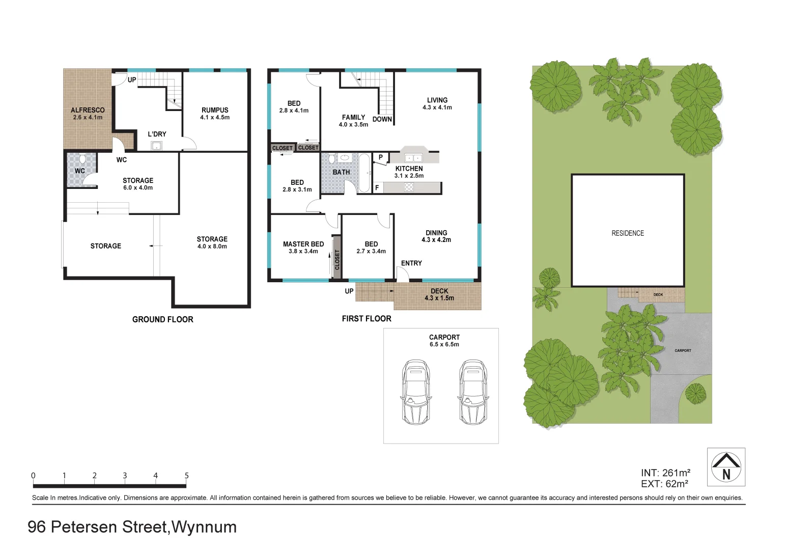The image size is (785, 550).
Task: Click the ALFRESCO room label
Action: click(x=88, y=110)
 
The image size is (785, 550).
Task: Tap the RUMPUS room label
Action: click(x=214, y=110)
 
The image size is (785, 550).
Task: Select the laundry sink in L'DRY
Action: click(x=157, y=147)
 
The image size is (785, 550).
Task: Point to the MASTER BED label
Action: click(x=303, y=244)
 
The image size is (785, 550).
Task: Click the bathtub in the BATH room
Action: click(x=365, y=173)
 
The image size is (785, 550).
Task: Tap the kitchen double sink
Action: click(x=413, y=157)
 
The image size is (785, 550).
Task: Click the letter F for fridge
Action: click(x=377, y=188)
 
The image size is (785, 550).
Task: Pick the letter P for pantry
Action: click(x=380, y=158)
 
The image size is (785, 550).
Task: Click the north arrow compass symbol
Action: click(x=726, y=466)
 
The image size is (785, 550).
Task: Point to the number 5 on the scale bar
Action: click(x=186, y=476)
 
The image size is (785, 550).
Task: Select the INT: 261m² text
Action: click(x=665, y=473)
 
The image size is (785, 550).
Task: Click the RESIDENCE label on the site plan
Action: click(x=627, y=233)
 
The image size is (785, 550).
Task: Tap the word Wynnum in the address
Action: click(x=204, y=527)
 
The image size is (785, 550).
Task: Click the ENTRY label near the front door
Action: click(x=411, y=263)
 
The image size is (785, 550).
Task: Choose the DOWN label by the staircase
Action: click(x=382, y=119)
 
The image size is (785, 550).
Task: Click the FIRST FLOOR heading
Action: click(x=367, y=319)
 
